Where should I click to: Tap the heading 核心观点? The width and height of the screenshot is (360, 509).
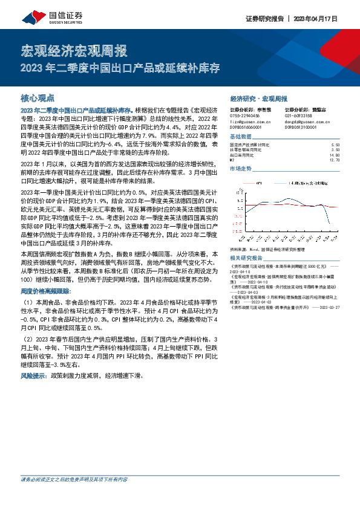click(x=38, y=97)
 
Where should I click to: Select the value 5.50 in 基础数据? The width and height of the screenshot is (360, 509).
click(x=336, y=145)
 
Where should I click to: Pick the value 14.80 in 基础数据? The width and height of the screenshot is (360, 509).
click(x=336, y=155)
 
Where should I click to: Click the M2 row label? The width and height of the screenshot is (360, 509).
click(x=233, y=160)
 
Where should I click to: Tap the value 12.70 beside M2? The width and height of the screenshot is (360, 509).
click(x=336, y=160)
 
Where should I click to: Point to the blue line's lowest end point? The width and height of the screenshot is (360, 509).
click(x=312, y=225)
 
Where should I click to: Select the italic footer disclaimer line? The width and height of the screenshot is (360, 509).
click(x=74, y=479)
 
